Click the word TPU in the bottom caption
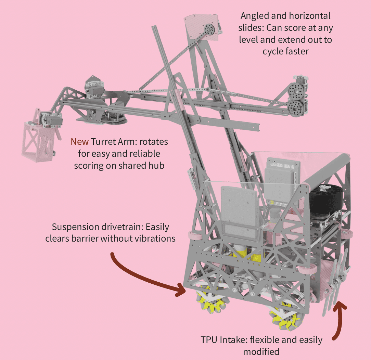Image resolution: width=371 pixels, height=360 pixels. coord(209,340)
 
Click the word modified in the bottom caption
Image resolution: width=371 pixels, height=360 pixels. coord(261,351)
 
